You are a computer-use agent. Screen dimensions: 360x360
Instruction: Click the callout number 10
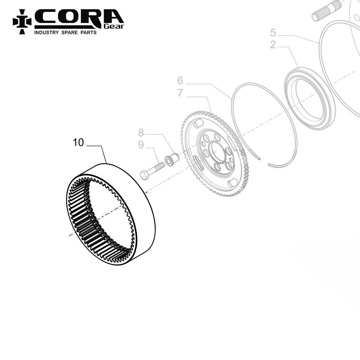(79, 143)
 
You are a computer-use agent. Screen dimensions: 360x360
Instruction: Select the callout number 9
(141, 145)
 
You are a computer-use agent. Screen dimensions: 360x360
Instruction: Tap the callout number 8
(141, 133)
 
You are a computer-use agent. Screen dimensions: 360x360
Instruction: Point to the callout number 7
(180, 93)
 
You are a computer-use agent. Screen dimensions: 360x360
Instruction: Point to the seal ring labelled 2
(309, 97)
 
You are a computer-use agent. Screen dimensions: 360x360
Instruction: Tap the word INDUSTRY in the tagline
(46, 32)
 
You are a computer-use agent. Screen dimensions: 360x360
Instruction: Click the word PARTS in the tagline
(88, 32)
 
